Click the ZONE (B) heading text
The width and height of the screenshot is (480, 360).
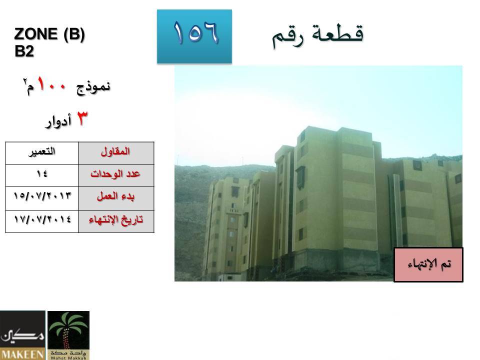[x=49, y=34]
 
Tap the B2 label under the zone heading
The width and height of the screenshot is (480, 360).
[x=24, y=51]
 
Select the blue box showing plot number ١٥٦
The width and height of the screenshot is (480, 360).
[x=194, y=36]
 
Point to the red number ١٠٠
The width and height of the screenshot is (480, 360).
[x=51, y=84]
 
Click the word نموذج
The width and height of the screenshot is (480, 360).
[x=93, y=87]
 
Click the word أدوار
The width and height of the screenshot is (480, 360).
[x=58, y=121]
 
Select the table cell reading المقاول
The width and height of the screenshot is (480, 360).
[x=116, y=153]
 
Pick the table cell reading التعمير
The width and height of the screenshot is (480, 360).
[x=42, y=153]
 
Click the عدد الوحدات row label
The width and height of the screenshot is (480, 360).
[x=116, y=175]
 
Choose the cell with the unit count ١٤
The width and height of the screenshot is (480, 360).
[x=42, y=175]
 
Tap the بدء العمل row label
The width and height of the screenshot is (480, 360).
[x=116, y=198]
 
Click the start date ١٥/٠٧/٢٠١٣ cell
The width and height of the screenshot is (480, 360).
[x=42, y=198]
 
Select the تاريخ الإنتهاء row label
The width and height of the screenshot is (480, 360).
[x=116, y=221]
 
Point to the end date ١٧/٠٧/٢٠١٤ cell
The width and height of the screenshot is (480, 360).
[x=42, y=221]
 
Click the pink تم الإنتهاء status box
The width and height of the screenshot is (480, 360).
[x=428, y=265]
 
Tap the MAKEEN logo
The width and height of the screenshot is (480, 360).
[x=22, y=335]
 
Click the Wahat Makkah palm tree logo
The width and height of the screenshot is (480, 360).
[x=68, y=335]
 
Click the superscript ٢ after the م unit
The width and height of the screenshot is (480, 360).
[x=24, y=81]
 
